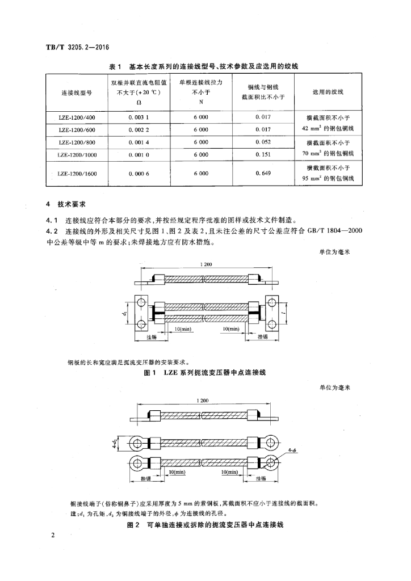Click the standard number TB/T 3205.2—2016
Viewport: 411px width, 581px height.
coord(77,47)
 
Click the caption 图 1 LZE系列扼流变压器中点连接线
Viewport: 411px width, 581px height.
coord(205,373)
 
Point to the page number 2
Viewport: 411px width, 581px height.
coord(52,536)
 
